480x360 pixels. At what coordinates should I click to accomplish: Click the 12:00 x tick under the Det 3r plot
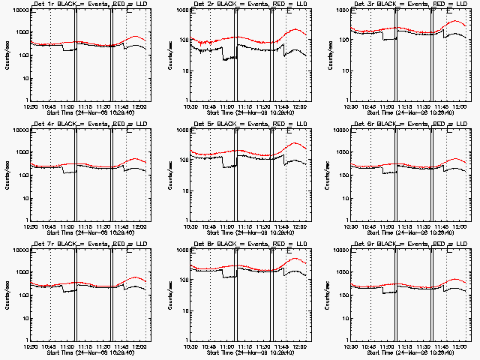460,106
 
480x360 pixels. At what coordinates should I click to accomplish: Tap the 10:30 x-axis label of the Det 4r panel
31,226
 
